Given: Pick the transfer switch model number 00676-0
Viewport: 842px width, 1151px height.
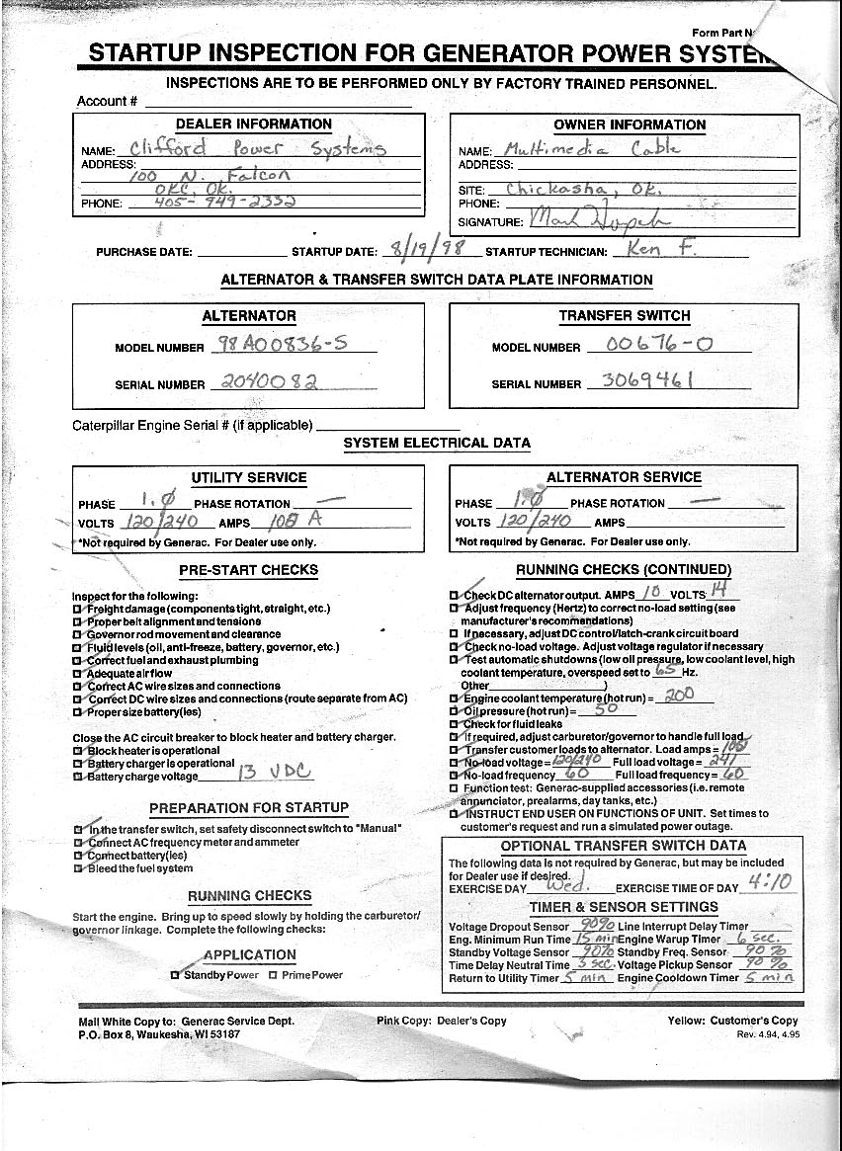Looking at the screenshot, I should (638, 345).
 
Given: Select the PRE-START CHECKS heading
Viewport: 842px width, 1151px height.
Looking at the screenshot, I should (248, 570).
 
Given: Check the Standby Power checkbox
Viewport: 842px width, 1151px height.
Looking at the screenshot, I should (176, 975).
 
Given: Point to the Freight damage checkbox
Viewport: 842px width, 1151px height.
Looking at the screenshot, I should (77, 610).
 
